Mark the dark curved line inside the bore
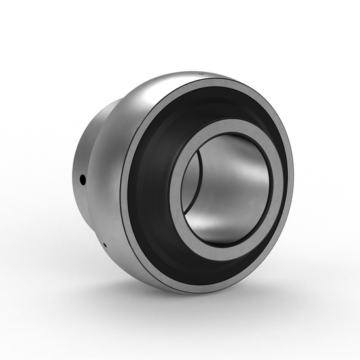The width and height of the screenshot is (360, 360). pyautogui.click(x=196, y=196)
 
